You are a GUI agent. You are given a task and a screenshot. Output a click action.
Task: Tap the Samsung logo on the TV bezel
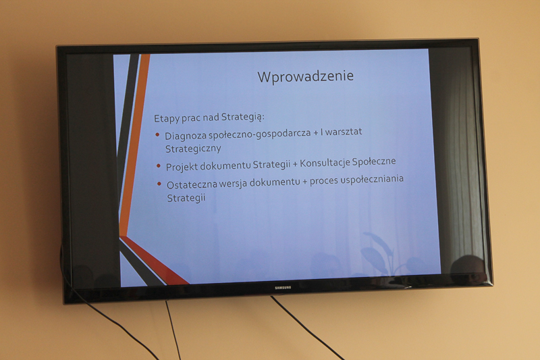coord(283,287)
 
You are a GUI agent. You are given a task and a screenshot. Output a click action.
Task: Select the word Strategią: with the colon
coord(242,117)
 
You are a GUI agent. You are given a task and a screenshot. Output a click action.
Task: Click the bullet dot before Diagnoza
coord(158,134)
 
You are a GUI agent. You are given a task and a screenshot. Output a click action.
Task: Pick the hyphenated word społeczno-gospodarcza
coord(260,134)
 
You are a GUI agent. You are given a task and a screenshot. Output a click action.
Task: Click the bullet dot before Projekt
coord(159,166)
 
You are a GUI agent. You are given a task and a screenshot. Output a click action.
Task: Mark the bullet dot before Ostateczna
coord(159,184)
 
